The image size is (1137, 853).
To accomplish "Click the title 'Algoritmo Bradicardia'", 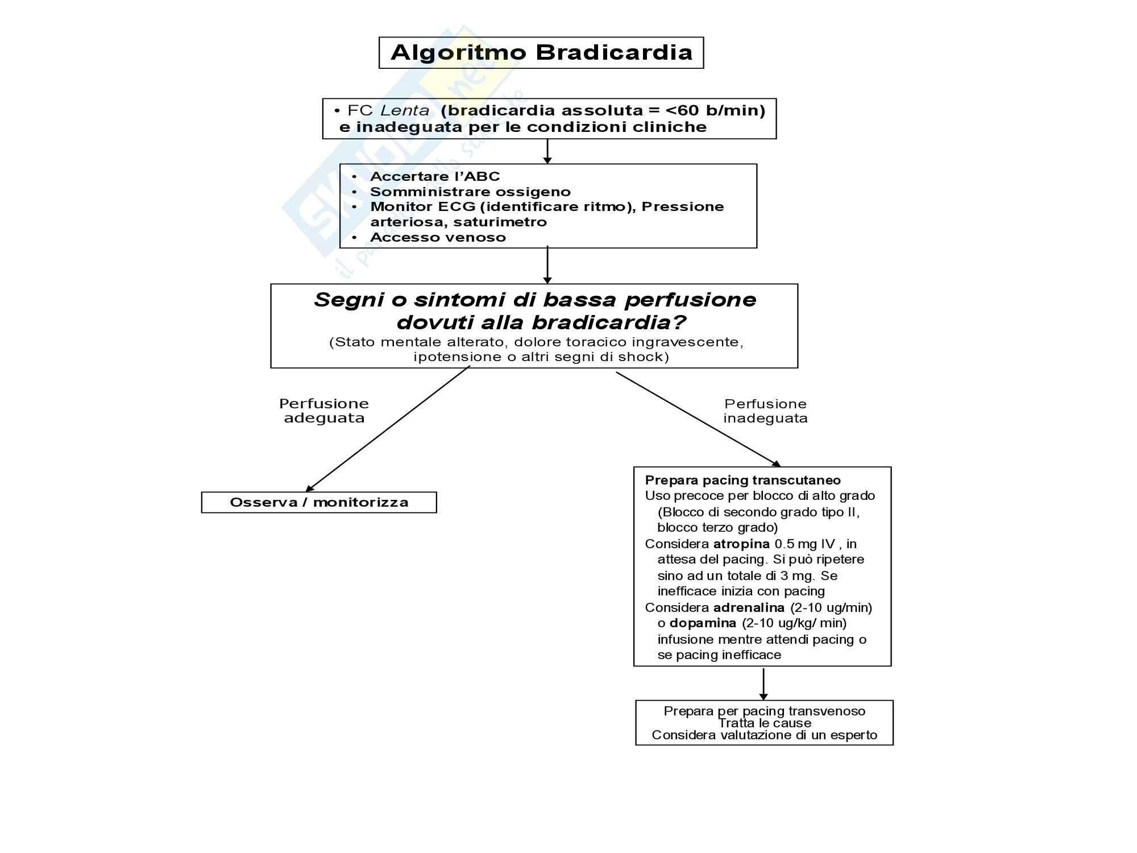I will (x=541, y=52).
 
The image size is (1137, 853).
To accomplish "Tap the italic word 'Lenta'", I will (x=405, y=110).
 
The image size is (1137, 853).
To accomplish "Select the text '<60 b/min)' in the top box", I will (x=715, y=110).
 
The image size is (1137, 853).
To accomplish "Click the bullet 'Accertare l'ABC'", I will (x=435, y=176).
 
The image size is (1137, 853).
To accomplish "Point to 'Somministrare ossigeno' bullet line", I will (x=470, y=192).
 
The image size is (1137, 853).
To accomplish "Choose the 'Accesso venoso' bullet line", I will (x=438, y=237).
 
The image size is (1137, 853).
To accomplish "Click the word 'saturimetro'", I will (x=500, y=222).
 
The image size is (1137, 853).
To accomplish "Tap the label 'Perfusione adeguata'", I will (x=324, y=411).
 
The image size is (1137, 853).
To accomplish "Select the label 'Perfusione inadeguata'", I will (x=765, y=411).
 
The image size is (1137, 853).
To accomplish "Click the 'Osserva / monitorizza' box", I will (x=319, y=502).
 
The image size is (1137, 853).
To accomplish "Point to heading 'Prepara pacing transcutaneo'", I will (x=742, y=480).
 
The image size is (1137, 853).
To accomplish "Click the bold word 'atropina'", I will (x=741, y=544).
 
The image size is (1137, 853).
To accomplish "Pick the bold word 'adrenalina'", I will (x=749, y=607).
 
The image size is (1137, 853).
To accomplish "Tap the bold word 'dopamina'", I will (x=703, y=623).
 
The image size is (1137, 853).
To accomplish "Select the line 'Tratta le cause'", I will (x=765, y=723).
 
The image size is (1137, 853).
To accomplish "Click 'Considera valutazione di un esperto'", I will (x=765, y=735).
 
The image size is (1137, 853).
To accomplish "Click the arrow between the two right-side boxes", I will (x=763, y=684).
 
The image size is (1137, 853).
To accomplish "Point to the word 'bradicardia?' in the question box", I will (x=608, y=322).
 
